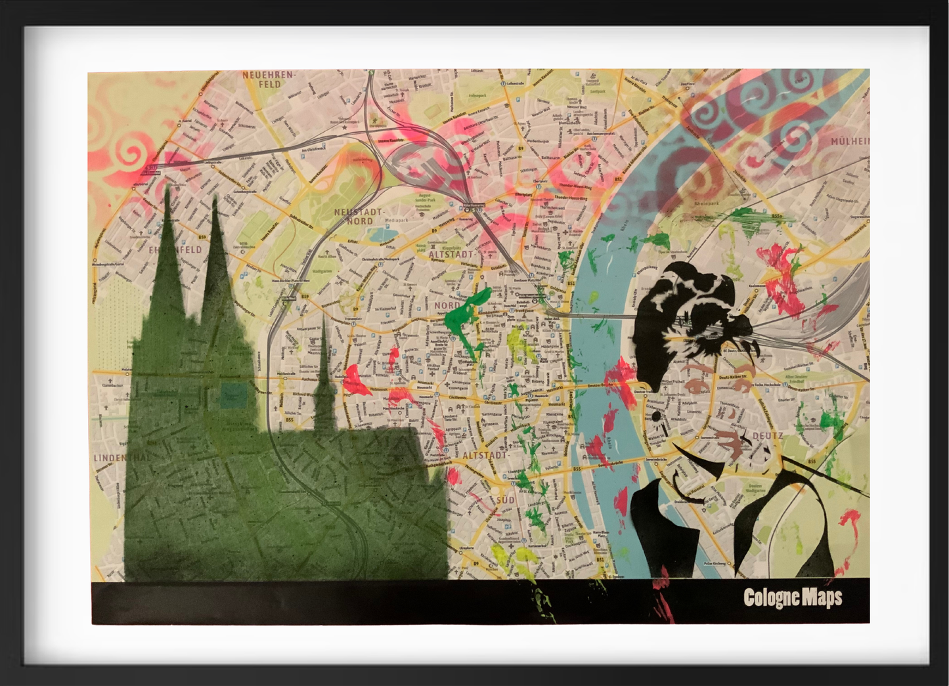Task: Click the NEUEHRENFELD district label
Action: (269, 79)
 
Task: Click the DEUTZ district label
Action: (767, 435)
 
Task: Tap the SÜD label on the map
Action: (505, 500)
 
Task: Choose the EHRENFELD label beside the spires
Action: (175, 250)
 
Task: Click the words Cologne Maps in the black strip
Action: (793, 597)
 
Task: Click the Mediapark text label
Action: (396, 221)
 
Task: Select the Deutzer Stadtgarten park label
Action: (755, 488)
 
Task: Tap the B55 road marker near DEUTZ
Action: (812, 461)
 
